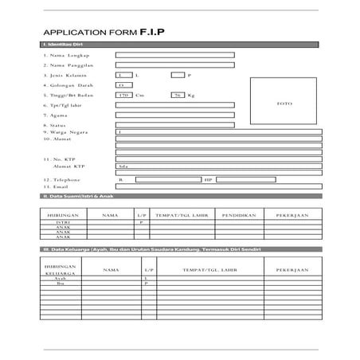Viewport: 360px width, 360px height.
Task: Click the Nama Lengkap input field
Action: tap(174, 55)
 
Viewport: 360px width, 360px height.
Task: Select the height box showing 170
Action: tap(123, 95)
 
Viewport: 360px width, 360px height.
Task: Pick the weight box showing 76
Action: tap(177, 95)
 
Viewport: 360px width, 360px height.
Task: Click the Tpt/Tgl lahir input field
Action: tap(174, 104)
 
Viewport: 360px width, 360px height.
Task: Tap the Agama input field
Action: tap(174, 115)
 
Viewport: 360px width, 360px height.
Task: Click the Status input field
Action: tap(174, 125)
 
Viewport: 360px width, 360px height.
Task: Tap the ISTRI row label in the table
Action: tap(64, 222)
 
